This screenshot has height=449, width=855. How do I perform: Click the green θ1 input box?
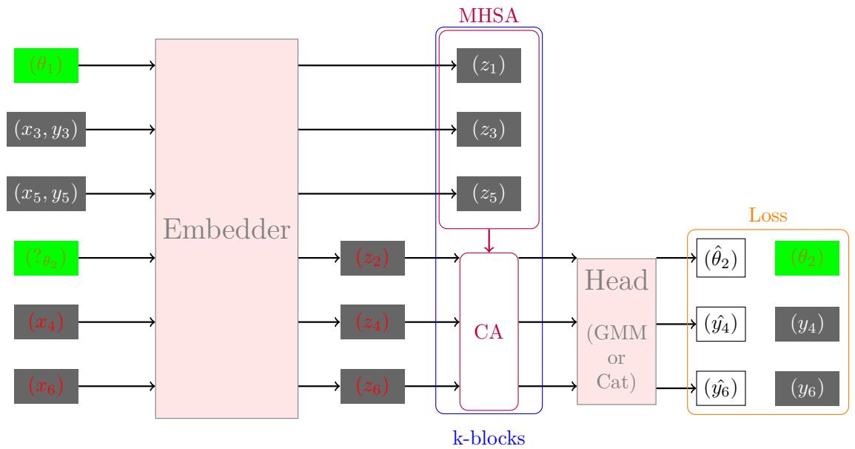click(46, 65)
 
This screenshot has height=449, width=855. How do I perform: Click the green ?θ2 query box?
click(46, 259)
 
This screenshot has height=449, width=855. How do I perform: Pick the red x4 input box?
click(46, 322)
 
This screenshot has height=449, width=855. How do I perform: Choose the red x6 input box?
click(46, 387)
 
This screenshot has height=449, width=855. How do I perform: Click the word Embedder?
click(226, 230)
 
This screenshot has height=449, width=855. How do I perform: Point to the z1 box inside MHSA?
click(489, 65)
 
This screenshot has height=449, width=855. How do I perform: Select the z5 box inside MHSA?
click(489, 194)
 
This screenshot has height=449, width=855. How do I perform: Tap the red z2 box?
click(372, 259)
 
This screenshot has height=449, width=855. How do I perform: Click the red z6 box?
click(372, 387)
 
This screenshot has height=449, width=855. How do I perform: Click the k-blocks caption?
click(489, 438)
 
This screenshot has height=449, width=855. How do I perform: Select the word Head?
click(617, 280)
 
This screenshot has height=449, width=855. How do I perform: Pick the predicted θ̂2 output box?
click(720, 259)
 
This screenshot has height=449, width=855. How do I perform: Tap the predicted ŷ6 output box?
click(720, 387)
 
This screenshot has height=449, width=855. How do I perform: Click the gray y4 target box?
click(807, 323)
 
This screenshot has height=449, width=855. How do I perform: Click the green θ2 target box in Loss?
click(807, 259)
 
